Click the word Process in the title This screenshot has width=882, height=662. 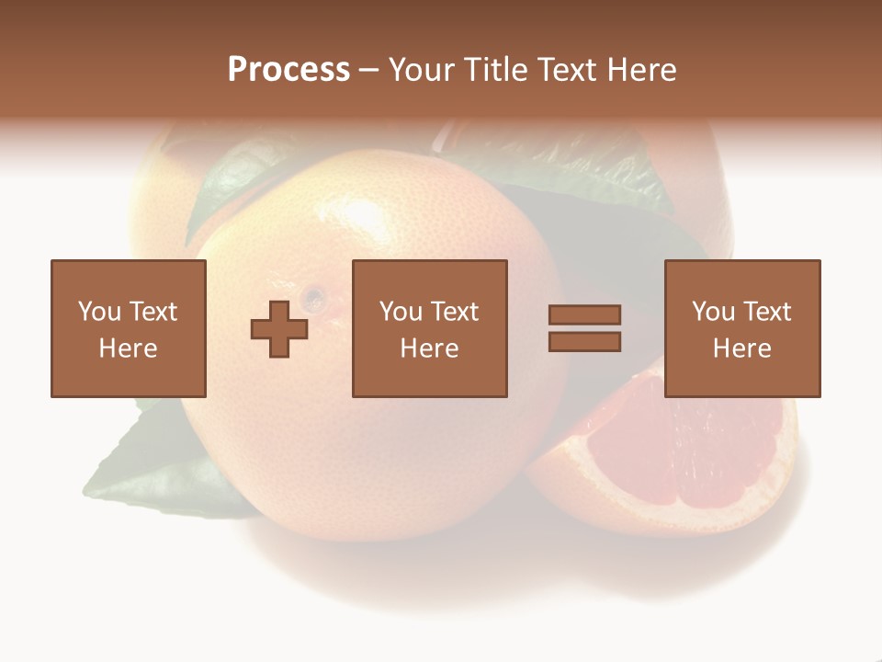click(x=288, y=70)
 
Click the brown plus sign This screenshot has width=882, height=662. click(x=279, y=329)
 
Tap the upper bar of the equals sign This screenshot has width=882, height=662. click(x=584, y=314)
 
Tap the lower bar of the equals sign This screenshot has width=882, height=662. click(x=584, y=342)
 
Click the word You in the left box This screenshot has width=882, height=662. click(x=99, y=312)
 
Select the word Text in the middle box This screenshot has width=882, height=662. click(x=454, y=312)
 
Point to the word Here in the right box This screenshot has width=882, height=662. click(x=742, y=348)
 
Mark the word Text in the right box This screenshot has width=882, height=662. click(x=766, y=312)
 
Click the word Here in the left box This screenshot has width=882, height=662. click(x=128, y=348)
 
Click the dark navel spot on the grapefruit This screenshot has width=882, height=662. click(x=314, y=297)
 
